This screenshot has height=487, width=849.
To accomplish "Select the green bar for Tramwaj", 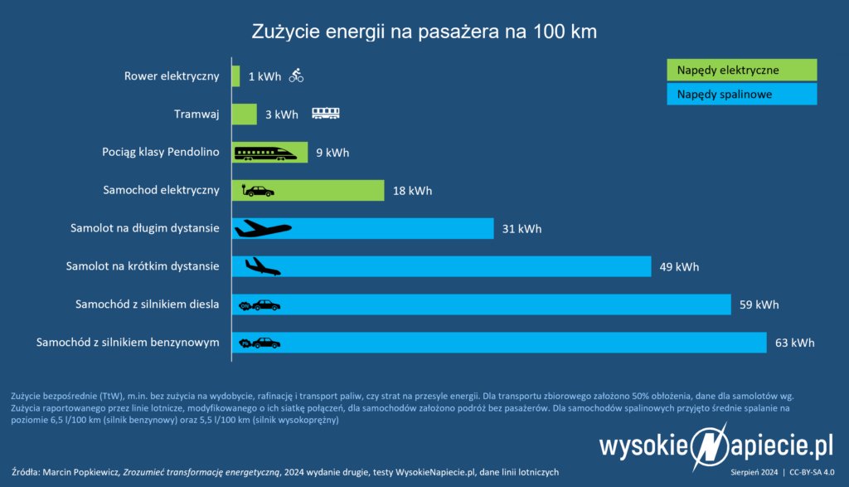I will tap(244, 114).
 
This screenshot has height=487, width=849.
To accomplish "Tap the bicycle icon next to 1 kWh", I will tap(297, 76).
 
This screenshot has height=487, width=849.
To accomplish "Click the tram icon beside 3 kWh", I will tap(325, 114).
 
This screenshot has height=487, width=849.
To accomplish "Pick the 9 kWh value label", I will tap(332, 153).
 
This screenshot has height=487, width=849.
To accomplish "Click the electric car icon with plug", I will tap(257, 191).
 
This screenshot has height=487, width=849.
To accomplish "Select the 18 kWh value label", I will tap(412, 191).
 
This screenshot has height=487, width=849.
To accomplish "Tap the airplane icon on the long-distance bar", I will tap(263, 228).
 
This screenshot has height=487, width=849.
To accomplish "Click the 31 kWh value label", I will tap(522, 229).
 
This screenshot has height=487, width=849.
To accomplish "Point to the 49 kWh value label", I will tap(679, 267).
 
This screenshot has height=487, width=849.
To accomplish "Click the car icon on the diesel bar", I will tap(260, 304).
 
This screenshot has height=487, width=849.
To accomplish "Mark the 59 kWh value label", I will tap(759, 304).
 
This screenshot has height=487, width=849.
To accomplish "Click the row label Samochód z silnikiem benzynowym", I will tap(128, 343).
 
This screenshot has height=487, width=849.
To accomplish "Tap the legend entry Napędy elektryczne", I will tap(742, 70).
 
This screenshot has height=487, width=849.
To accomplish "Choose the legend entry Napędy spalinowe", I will tap(742, 95).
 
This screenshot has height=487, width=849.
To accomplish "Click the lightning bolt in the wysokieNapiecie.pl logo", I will tap(709, 448).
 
